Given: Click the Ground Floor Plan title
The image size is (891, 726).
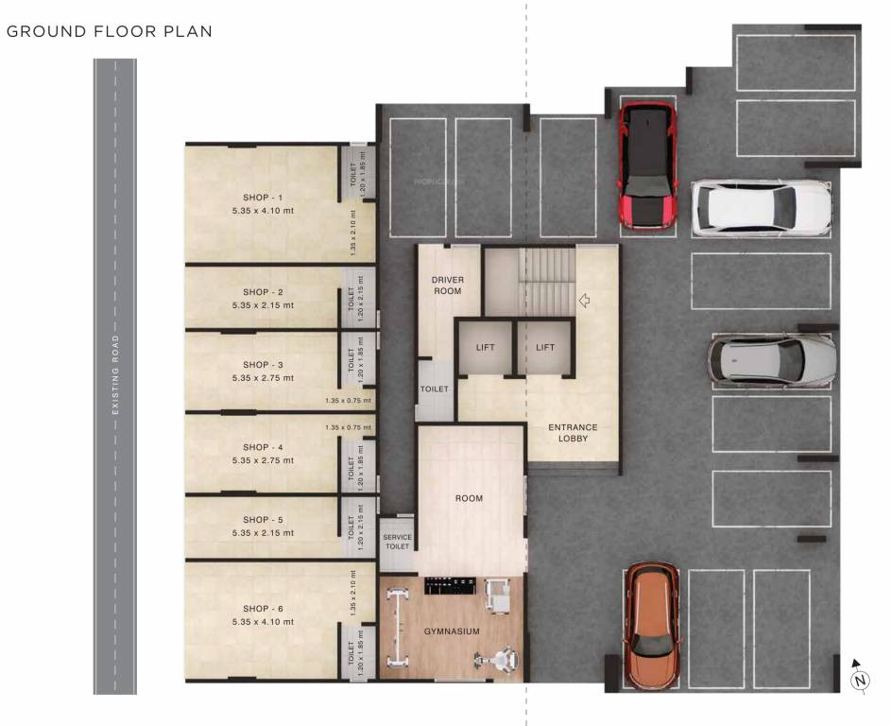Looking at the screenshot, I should pyautogui.click(x=110, y=31).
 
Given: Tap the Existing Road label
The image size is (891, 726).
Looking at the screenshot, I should pyautogui.click(x=114, y=374).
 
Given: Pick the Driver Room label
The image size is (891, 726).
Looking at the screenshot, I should pyautogui.click(x=447, y=285).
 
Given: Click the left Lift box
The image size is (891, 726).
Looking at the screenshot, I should pyautogui.click(x=485, y=347).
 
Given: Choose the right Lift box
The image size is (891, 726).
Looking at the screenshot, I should pyautogui.click(x=545, y=347).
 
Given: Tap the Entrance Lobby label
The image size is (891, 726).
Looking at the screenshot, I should pyautogui.click(x=573, y=433).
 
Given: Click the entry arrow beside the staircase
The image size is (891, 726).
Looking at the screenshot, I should pyautogui.click(x=585, y=301).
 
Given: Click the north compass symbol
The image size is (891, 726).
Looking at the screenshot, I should pyautogui.click(x=859, y=678).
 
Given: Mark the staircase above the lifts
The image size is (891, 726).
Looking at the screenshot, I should pyautogui.click(x=546, y=281).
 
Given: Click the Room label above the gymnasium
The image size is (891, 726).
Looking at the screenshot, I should pyautogui.click(x=469, y=498).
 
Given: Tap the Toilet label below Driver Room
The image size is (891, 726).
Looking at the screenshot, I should pyautogui.click(x=435, y=389).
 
